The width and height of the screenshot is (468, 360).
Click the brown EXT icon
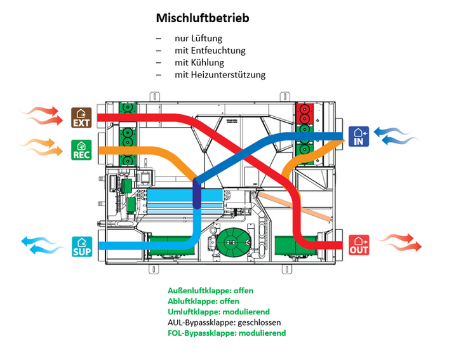click(81, 117)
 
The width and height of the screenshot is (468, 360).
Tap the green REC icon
click(81, 150)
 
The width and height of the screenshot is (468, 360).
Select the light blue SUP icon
click(82, 247)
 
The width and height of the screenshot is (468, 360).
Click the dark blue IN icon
click(359, 137)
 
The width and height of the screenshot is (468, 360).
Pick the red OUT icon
click(359, 245)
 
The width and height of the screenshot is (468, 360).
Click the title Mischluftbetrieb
click(203, 18)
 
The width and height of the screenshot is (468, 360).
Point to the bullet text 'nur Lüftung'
click(199, 38)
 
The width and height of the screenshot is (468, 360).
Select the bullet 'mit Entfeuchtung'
click(210, 50)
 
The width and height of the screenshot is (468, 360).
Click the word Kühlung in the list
click(208, 62)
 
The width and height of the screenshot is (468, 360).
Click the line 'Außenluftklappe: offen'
click(210, 291)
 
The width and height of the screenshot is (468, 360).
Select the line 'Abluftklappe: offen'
click(203, 301)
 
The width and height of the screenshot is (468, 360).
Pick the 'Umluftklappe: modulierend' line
click(219, 312)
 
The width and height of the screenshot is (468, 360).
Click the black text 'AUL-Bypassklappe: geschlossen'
click(224, 323)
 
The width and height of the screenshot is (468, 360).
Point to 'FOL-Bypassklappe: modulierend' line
click(227, 333)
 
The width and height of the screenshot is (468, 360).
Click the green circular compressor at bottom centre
click(233, 242)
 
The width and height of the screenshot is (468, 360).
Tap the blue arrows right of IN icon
click(397, 136)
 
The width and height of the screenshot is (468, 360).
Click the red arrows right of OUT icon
click(398, 243)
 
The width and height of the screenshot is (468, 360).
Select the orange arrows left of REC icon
click(40, 147)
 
